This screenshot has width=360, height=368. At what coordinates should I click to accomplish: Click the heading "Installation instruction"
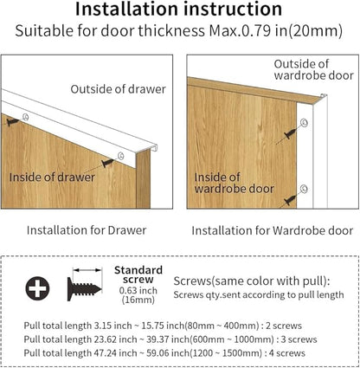click(178, 9)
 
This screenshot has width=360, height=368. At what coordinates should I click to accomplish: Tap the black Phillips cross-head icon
click(37, 288)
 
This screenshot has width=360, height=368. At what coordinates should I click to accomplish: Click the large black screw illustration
click(84, 289)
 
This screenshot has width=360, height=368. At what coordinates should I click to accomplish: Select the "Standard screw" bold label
click(138, 274)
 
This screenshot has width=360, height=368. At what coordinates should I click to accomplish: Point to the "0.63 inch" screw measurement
click(138, 290)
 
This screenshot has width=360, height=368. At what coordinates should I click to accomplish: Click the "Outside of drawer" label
click(119, 89)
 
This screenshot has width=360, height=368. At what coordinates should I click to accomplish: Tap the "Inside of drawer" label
click(52, 178)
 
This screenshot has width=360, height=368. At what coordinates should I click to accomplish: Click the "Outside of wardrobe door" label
click(313, 69)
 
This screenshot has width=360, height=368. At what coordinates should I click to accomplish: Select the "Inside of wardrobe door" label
click(234, 183)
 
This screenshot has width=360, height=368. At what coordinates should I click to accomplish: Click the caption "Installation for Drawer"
click(87, 230)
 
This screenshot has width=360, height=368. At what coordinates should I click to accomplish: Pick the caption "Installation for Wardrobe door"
click(273, 230)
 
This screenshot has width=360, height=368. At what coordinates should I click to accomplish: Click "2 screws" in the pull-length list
click(284, 326)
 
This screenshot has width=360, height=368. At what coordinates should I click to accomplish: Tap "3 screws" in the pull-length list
click(299, 339)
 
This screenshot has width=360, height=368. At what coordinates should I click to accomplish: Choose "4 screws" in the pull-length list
click(287, 353)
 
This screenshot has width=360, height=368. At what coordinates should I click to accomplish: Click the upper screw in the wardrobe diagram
click(290, 134)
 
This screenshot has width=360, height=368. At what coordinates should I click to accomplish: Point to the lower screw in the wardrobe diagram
click(290, 200)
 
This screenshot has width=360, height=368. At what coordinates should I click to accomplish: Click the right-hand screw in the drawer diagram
click(107, 163)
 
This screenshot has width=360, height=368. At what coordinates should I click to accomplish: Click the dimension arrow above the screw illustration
click(87, 270)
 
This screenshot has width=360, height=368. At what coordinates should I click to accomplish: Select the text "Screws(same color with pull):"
click(252, 281)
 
